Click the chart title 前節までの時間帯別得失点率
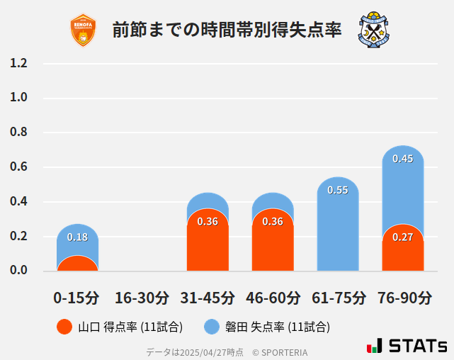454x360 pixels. point(227,30)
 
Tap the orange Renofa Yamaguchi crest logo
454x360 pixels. point(84,30)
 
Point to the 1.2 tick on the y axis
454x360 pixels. point(19,64)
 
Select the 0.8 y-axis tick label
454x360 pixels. point(19,133)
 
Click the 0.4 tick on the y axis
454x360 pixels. point(19,202)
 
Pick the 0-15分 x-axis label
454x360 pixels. point(77,297)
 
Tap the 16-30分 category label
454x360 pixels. point(142,297)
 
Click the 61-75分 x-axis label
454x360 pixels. point(338,297)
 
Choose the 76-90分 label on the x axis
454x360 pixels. point(403,297)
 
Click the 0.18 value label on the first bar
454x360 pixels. point(77,237)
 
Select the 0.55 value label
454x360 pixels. point(338,190)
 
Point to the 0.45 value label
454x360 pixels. point(403,159)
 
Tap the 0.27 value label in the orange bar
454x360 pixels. point(403,237)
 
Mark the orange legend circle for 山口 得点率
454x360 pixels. point(64,327)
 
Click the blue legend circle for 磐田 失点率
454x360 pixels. point(212,327)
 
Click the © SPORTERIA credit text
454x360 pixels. point(280,352)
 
